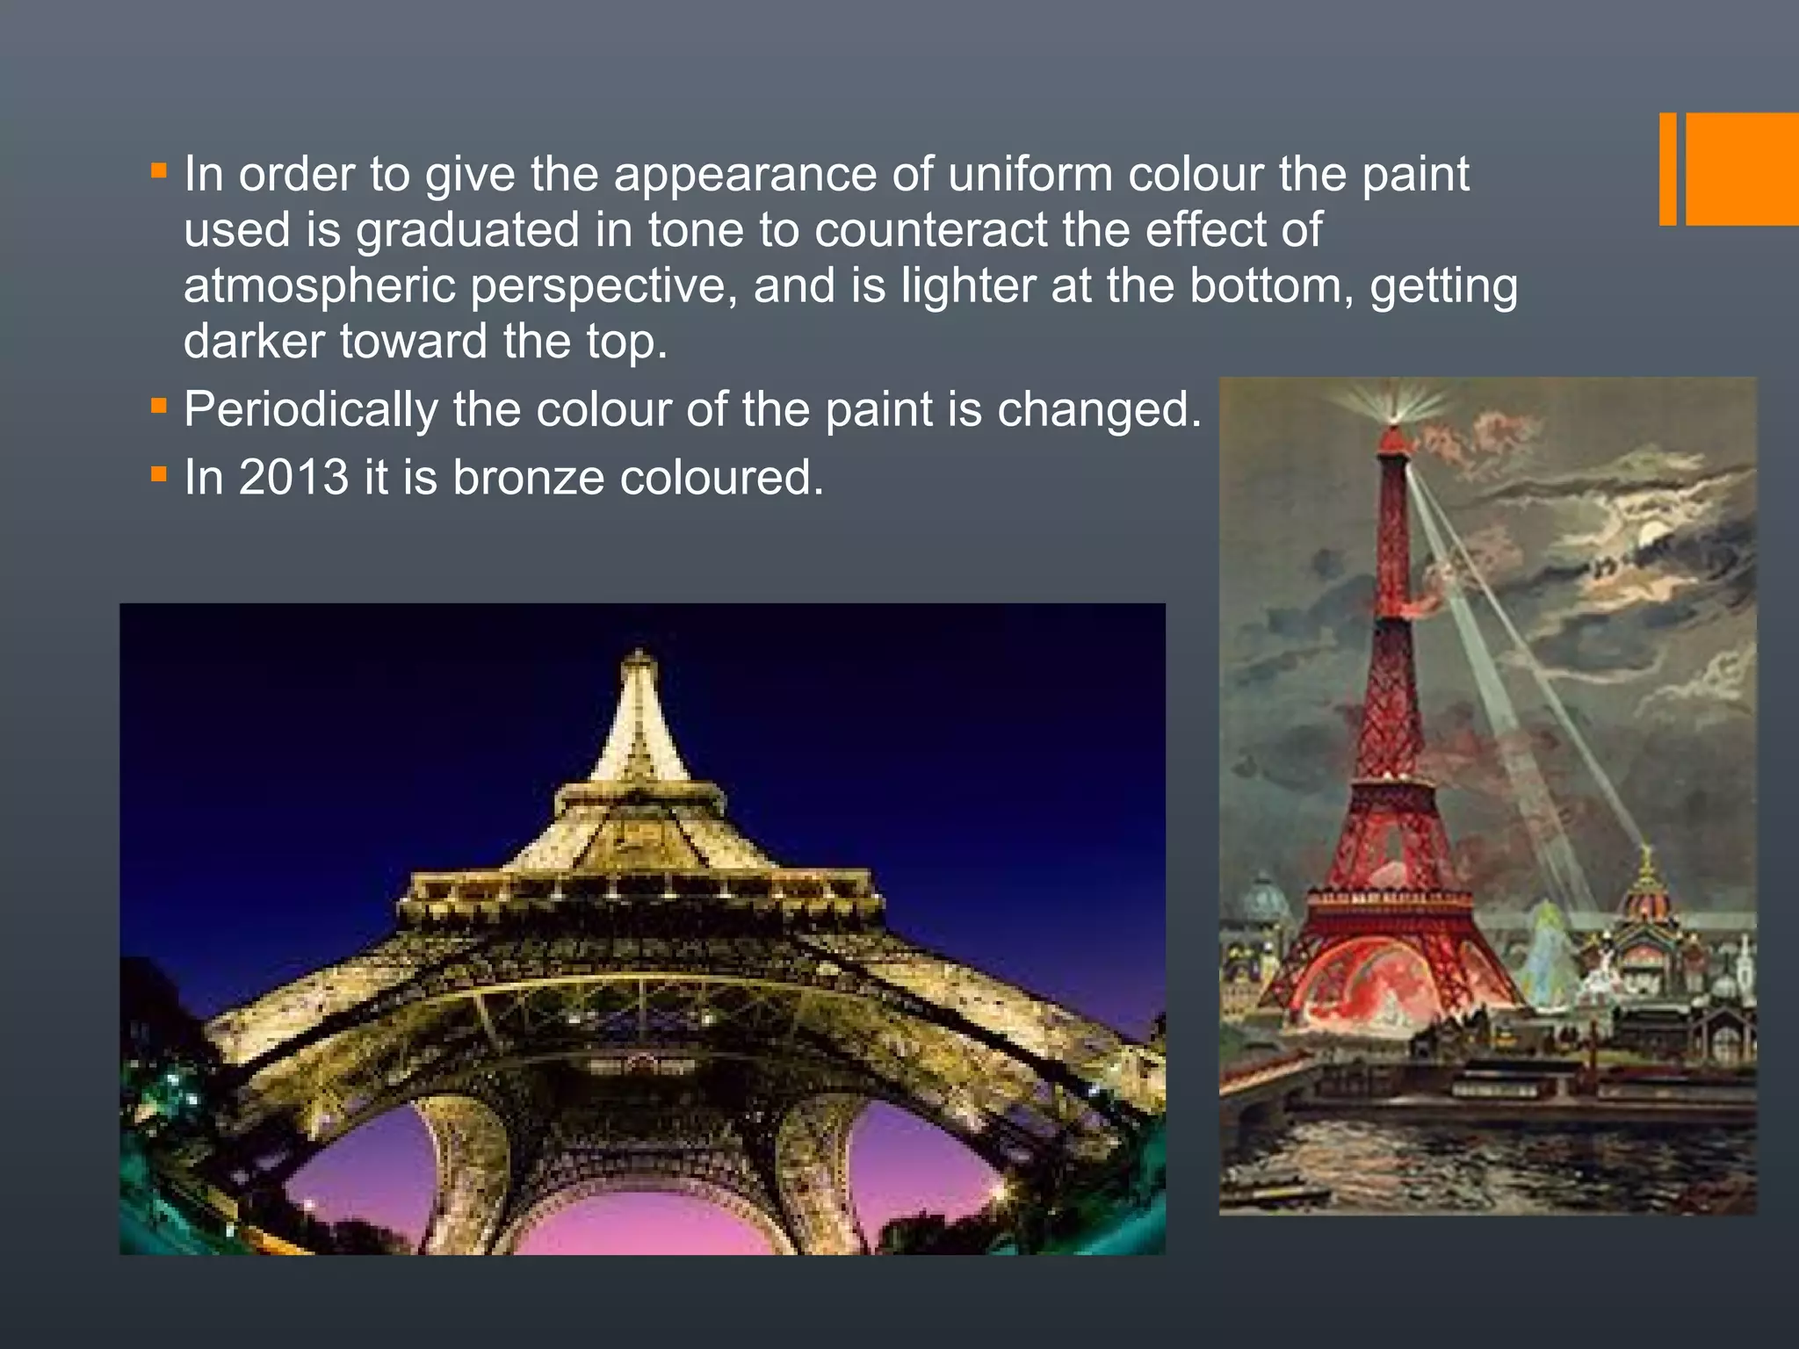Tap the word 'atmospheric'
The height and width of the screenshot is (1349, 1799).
[319, 285]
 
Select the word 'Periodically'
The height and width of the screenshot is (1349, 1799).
[310, 410]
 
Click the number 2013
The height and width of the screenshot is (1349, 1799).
[293, 478]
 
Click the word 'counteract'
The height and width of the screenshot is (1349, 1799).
[930, 230]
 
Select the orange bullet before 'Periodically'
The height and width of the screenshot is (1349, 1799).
[159, 406]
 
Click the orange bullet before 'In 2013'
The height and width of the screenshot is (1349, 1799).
[159, 474]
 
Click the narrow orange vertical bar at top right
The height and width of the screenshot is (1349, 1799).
[1667, 169]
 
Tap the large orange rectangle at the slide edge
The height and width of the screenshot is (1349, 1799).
[1742, 169]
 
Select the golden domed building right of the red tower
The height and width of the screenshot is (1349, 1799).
[1648, 913]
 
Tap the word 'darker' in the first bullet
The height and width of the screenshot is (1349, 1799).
[255, 342]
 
